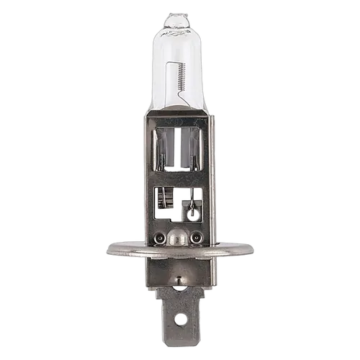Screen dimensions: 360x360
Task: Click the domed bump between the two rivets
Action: pos(179,238)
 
